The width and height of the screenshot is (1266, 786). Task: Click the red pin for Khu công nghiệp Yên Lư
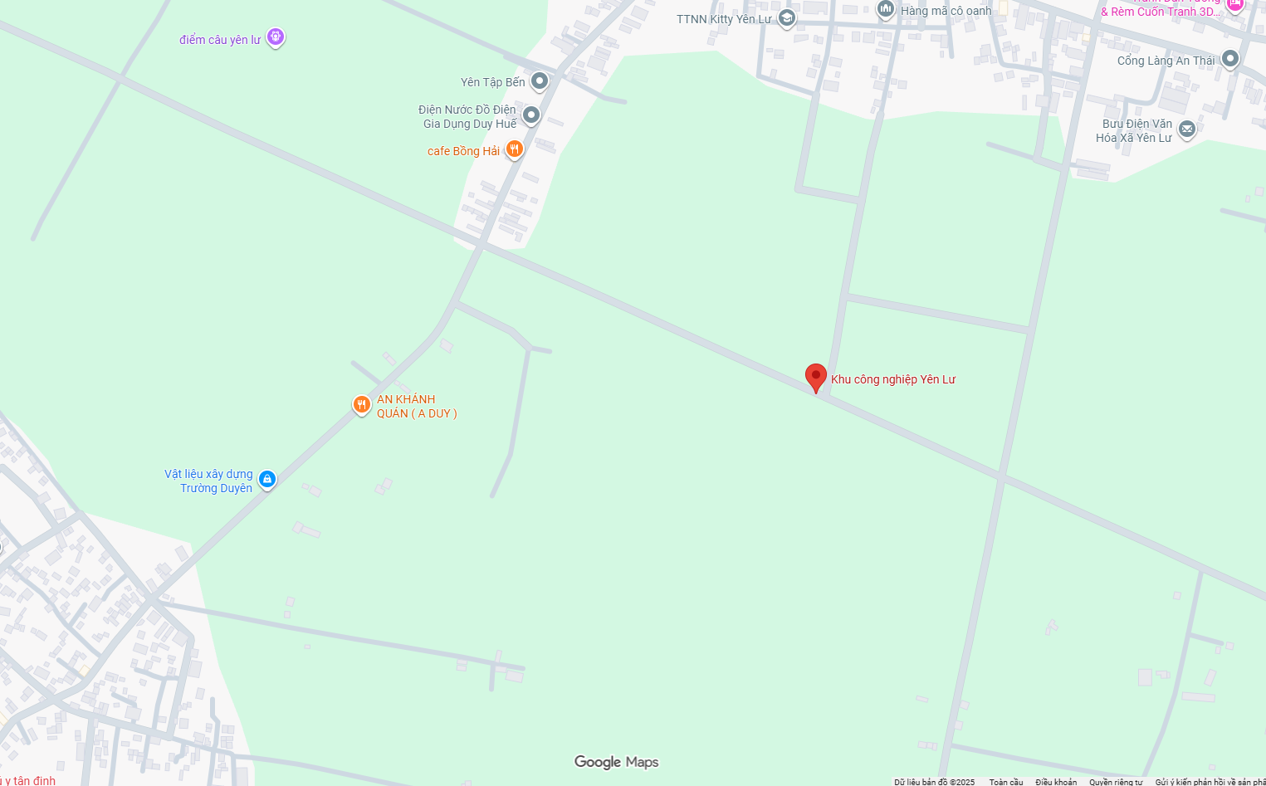(816, 377)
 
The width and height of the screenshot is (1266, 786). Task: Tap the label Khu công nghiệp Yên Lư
(893, 379)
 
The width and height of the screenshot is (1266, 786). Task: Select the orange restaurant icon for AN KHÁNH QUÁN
(361, 404)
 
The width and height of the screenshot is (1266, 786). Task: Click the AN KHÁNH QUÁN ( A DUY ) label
(416, 407)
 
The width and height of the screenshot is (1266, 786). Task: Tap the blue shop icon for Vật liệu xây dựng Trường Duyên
(266, 479)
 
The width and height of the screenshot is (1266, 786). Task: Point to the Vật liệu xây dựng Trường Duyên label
(209, 481)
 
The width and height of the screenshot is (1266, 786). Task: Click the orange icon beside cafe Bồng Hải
(515, 149)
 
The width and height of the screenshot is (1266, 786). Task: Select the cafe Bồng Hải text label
(463, 151)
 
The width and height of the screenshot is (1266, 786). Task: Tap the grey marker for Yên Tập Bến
(540, 81)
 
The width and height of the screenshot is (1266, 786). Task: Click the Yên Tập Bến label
(492, 82)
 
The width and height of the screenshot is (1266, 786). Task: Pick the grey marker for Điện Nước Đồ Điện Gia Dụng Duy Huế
(531, 115)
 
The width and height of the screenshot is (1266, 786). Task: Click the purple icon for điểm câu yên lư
(276, 37)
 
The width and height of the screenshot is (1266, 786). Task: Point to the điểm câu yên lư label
(220, 40)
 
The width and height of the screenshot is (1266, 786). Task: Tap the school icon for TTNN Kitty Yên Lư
(787, 17)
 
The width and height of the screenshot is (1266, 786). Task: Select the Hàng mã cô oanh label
(946, 11)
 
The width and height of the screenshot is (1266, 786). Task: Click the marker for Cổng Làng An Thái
(1230, 58)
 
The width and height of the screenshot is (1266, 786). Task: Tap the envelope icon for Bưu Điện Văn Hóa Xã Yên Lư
(1187, 129)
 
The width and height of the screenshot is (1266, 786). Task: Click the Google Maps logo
(616, 762)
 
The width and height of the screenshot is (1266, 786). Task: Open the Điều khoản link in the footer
(1055, 782)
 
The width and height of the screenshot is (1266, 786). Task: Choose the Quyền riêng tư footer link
(1116, 782)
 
